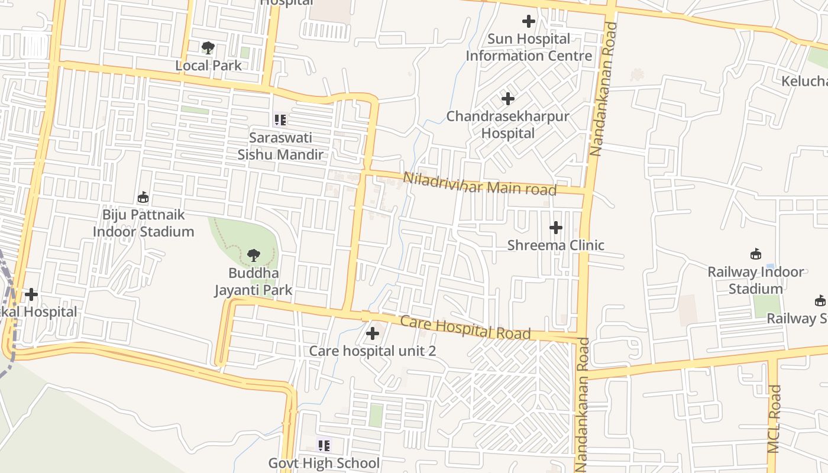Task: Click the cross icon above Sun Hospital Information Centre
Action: (x=528, y=22)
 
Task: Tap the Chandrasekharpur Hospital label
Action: (x=507, y=125)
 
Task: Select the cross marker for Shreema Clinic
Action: (x=556, y=228)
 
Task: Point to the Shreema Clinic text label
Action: (x=556, y=245)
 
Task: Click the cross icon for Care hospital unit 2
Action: (x=373, y=333)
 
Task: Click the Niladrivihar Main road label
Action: (x=480, y=183)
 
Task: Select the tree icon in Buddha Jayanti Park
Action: (x=254, y=255)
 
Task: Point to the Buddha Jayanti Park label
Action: (x=253, y=282)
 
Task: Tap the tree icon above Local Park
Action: (x=208, y=47)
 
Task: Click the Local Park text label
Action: (x=208, y=66)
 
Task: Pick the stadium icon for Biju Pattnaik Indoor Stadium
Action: (x=143, y=197)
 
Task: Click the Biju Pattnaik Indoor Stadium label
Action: (x=143, y=223)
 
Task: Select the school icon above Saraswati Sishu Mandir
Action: (x=280, y=120)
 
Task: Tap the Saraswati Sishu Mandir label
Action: (x=280, y=146)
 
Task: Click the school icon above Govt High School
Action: (x=324, y=445)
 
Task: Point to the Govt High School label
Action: (x=324, y=463)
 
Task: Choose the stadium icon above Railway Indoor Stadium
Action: (x=755, y=254)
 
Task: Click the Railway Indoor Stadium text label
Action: (x=755, y=280)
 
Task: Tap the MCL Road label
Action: (x=775, y=419)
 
